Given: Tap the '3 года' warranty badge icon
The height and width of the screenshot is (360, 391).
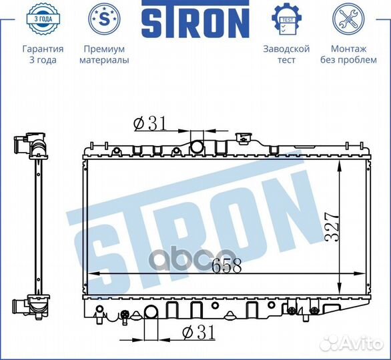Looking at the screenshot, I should point(43,19).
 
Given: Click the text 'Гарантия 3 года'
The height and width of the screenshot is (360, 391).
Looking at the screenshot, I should point(43,55).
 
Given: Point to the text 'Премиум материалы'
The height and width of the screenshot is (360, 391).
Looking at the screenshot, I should point(104,55).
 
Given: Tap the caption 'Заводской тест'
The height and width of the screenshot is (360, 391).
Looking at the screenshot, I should point(286,55).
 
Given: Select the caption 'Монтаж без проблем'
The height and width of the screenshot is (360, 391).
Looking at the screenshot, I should point(348,55).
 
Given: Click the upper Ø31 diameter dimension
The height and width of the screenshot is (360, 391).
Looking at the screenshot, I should point(149,123).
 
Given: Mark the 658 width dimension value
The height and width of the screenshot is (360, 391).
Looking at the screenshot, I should point(226,265).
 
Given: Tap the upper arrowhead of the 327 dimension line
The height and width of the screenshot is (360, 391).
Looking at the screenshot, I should point(340,162).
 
